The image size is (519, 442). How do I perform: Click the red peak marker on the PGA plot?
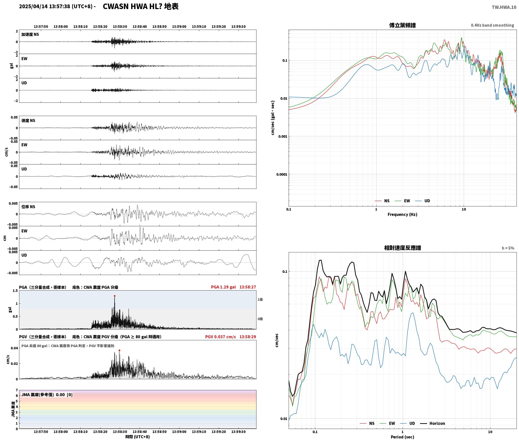pos(115,296)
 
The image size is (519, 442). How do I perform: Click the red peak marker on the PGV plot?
pos(119,351)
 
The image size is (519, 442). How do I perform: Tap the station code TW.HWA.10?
pos(504,7)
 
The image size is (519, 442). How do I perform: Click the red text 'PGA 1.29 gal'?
pos(223,287)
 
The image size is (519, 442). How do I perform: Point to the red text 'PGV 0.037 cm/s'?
pos(220,337)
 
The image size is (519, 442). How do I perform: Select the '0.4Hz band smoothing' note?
pos(492,25)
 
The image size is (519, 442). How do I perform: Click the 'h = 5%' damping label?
pos(508,248)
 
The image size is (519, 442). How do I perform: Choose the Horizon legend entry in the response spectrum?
pos(433,423)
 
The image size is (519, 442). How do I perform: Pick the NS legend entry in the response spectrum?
pos(367,423)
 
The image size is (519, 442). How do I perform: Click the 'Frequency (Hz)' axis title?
pos(402,214)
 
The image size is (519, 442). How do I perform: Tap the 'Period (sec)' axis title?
pos(402,437)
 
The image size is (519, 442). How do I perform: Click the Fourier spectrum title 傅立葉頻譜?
pos(402,25)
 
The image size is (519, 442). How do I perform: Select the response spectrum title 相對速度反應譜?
pos(402,248)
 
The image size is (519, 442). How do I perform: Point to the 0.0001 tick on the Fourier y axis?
pos(281,175)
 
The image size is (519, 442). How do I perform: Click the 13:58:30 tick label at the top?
pos(120,27)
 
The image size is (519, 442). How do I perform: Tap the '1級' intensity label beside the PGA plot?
pos(260,300)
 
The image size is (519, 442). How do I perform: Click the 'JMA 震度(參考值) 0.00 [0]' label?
pos(47,395)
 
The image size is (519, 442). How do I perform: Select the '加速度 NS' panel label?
pos(30,34)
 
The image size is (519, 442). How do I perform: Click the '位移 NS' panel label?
pos(28,207)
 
